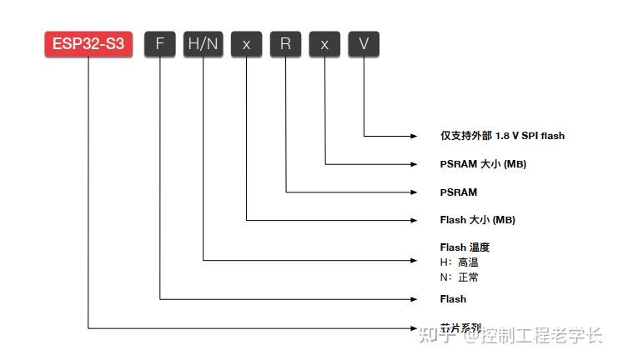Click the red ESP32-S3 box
point(88,44)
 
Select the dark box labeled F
point(160,44)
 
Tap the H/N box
point(203,44)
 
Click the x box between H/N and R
point(246,44)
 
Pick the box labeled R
point(285,44)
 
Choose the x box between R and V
point(324,44)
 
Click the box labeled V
point(364,44)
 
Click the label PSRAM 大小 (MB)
point(483,163)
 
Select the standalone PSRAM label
point(459,192)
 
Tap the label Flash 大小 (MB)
point(477,220)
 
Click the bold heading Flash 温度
point(465,247)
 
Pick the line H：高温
point(460,262)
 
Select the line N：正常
point(460,277)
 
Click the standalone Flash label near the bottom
point(453,298)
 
